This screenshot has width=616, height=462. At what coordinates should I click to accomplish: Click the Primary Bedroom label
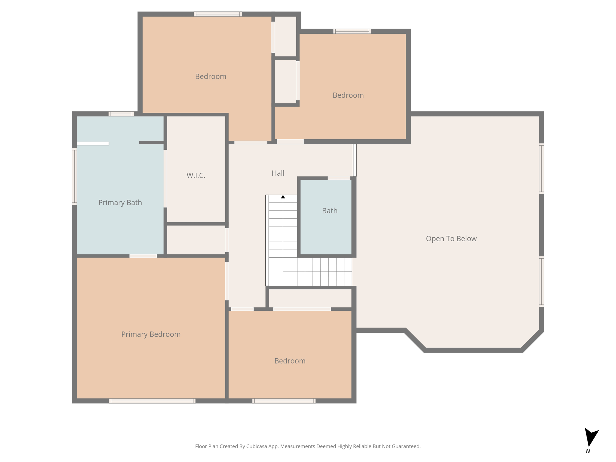[x=151, y=334]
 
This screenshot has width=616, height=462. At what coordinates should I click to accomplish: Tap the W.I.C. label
[x=196, y=175]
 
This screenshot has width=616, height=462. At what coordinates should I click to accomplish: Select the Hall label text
[x=278, y=173]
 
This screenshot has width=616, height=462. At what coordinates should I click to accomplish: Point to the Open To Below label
[x=451, y=239]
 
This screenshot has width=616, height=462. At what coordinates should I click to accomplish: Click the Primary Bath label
[x=120, y=202]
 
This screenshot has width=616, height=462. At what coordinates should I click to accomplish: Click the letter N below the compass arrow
[x=588, y=451]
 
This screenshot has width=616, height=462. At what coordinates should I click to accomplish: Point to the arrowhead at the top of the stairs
[x=283, y=197]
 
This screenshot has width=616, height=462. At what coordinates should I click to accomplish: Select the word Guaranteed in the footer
[x=405, y=446]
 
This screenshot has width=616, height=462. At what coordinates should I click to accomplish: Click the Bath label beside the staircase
[x=330, y=211]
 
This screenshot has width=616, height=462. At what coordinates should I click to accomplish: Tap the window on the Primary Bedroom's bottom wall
[x=152, y=401]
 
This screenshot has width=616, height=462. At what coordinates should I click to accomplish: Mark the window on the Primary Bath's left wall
[x=74, y=176]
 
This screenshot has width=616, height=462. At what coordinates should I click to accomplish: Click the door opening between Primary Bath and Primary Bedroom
[x=143, y=256]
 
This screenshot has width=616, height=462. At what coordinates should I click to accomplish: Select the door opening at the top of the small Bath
[x=339, y=178]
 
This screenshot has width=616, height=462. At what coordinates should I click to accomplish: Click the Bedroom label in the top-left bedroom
[x=211, y=76]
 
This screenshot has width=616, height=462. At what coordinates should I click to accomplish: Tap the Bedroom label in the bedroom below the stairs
[x=290, y=361]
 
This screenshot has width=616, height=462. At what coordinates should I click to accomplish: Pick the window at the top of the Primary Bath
[x=121, y=114]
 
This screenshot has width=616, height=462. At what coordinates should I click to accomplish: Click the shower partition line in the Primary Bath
[x=93, y=143]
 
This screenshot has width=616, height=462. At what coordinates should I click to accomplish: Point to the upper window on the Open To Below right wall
[x=541, y=168]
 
